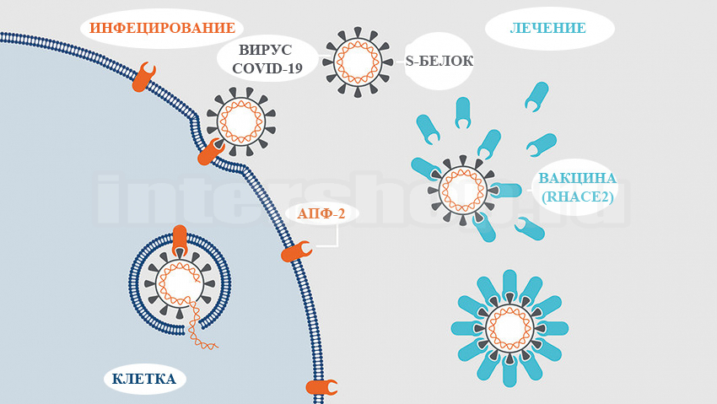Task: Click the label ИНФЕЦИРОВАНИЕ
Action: coord(162,29)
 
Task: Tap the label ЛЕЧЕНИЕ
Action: coord(547,29)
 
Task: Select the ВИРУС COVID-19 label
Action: coord(267,60)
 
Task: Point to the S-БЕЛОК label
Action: coord(439,61)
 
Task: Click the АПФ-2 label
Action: coord(321,213)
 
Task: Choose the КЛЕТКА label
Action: coord(143,379)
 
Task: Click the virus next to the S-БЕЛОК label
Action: coord(357,61)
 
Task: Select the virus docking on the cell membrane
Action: coord(241,121)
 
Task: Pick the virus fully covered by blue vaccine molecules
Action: coord(509,328)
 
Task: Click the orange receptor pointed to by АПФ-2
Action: coord(296,250)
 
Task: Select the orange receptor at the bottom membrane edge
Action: coord(321,387)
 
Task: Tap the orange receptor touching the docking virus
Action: coord(211,153)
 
